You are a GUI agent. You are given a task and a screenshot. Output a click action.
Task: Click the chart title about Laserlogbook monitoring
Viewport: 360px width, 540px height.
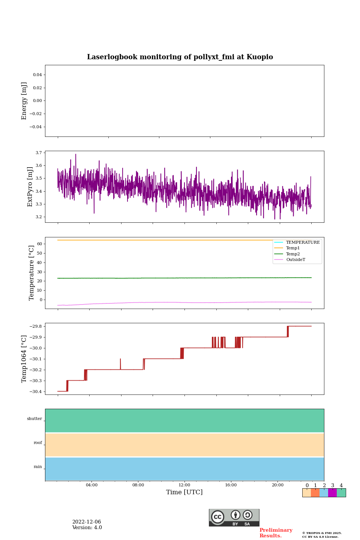(180, 57)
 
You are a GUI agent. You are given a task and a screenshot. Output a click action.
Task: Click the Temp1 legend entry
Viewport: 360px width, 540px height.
(293, 248)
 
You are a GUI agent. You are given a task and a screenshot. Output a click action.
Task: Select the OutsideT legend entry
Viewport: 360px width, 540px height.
(295, 260)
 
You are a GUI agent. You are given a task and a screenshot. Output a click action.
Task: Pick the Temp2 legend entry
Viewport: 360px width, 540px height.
(293, 254)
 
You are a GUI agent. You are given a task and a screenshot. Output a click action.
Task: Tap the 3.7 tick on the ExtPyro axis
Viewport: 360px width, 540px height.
(39, 153)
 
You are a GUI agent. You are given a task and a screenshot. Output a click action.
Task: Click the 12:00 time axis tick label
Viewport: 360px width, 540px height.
(184, 485)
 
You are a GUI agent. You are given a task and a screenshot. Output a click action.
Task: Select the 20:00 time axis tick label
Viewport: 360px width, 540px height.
(277, 485)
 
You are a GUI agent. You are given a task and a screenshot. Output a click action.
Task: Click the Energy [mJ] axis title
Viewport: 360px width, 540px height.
(24, 101)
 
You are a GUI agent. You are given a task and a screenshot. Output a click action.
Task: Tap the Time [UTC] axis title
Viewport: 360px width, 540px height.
(184, 492)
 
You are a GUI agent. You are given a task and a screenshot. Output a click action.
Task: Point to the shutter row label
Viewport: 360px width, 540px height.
(34, 419)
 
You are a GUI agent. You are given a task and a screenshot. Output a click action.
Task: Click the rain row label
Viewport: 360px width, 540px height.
(38, 467)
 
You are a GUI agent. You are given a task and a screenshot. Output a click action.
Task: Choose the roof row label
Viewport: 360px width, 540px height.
(38, 443)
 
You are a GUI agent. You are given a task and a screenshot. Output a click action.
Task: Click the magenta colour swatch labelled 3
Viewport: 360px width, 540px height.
(332, 493)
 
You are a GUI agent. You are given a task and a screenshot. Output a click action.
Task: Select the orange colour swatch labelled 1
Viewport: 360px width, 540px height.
(315, 493)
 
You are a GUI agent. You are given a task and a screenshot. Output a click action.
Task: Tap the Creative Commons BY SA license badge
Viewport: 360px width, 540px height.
(234, 517)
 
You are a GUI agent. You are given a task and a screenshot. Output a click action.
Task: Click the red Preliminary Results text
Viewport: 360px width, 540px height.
(276, 533)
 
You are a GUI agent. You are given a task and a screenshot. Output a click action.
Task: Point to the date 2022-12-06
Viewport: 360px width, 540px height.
(87, 522)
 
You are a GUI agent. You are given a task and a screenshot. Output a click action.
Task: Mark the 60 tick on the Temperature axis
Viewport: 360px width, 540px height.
(39, 244)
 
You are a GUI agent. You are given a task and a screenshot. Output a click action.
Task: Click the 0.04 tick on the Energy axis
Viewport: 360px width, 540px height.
(37, 75)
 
